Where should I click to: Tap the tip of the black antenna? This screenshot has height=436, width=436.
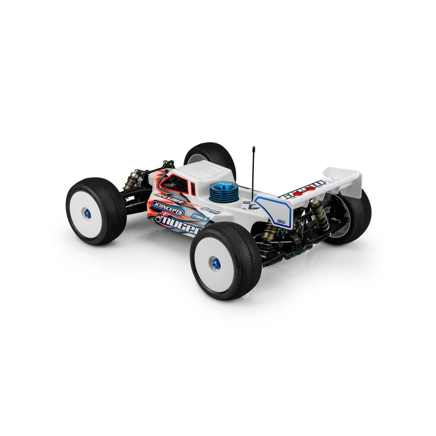click(x=254, y=149)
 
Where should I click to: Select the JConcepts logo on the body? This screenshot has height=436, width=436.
click(x=168, y=208)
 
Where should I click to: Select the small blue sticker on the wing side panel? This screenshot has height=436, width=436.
click(x=281, y=221)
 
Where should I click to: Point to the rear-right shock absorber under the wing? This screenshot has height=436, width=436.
click(x=318, y=212)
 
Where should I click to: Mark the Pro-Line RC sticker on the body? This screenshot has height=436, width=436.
click(x=200, y=216)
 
